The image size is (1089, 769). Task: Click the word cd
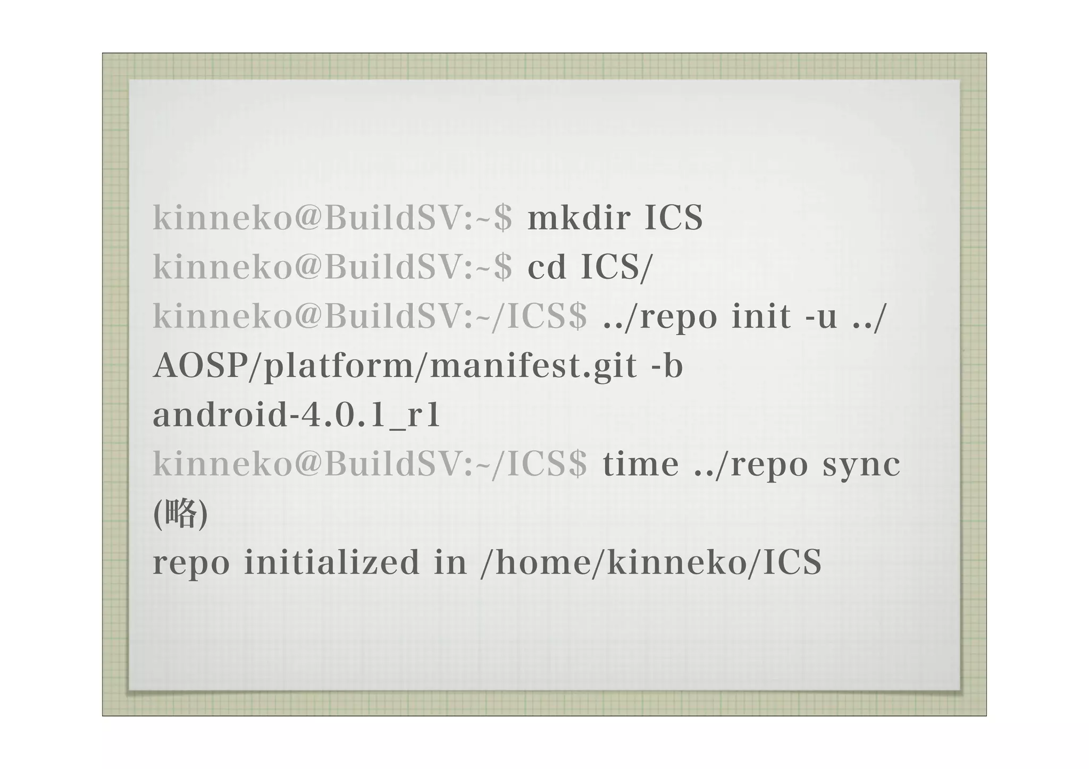[x=546, y=267]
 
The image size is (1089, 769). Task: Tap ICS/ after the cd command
[x=616, y=267]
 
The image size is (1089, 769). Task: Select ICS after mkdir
[x=673, y=218]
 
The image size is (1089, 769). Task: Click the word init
[x=761, y=316]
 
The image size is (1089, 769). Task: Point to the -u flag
[x=822, y=316]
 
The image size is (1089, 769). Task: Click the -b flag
[x=667, y=366]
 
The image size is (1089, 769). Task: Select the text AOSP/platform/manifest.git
[x=395, y=366]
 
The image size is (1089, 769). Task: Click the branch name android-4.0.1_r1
[x=297, y=415]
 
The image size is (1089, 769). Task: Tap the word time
[x=641, y=464]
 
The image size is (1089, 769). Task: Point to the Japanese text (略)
[x=180, y=513]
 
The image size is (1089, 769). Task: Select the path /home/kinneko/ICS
[x=651, y=562]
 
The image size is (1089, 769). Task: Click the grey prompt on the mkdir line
[x=333, y=218]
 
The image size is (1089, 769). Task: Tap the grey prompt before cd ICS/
[x=333, y=267]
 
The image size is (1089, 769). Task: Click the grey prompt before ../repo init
[x=370, y=316]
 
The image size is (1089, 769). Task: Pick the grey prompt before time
[x=370, y=464]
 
